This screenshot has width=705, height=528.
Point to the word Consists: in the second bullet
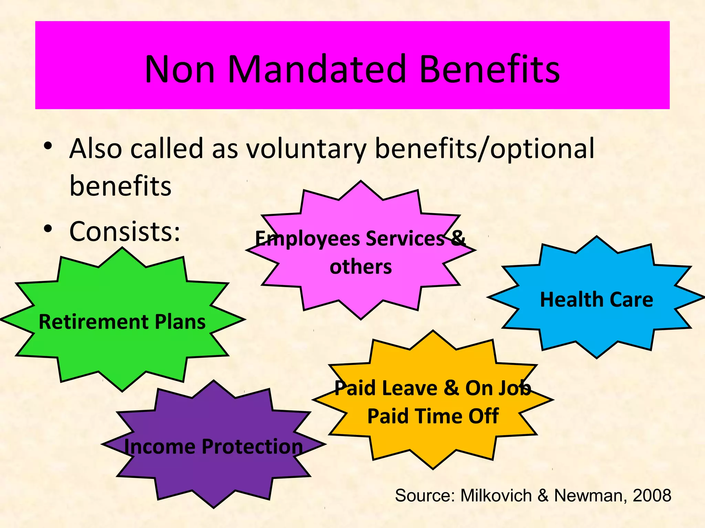[125, 231]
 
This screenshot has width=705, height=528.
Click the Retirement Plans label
[122, 322]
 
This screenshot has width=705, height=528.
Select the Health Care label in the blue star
[596, 299]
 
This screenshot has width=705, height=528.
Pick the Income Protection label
[213, 446]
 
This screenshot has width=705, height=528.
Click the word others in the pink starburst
[360, 267]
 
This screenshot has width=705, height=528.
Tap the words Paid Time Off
[433, 416]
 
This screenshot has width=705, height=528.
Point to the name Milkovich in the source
[496, 495]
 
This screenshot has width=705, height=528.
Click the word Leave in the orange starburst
[409, 388]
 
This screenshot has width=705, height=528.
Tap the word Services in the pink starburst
[405, 238]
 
